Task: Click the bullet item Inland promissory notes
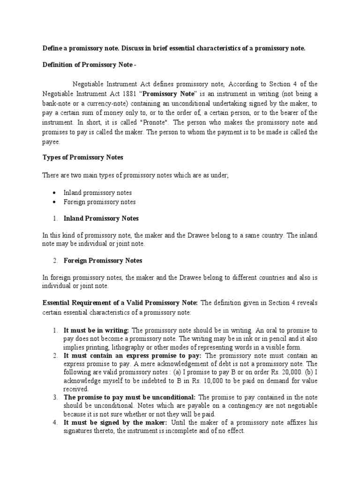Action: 97,193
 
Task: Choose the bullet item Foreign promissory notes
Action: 99,202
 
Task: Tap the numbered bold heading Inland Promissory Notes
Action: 101,218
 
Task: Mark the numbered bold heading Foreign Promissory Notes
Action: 103,260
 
